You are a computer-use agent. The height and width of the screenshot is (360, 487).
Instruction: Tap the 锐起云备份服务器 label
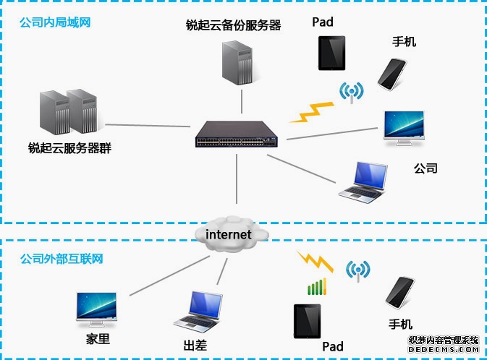(x=232, y=25)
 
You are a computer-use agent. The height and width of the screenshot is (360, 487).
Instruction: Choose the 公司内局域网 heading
(x=55, y=22)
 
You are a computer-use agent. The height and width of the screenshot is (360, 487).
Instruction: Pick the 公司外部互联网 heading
(x=62, y=258)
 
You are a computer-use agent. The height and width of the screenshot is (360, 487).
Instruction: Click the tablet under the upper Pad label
(x=331, y=53)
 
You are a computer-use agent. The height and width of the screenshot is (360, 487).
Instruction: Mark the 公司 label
(x=425, y=168)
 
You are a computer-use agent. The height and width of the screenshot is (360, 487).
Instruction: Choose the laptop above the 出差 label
(x=198, y=309)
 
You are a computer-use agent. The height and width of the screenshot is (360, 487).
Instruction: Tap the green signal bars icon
(x=317, y=287)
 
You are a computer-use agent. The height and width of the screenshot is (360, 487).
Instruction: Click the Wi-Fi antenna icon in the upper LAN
(x=352, y=93)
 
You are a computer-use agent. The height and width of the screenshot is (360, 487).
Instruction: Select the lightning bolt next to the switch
(x=312, y=112)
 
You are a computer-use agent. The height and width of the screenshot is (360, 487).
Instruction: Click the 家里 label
(x=98, y=338)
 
